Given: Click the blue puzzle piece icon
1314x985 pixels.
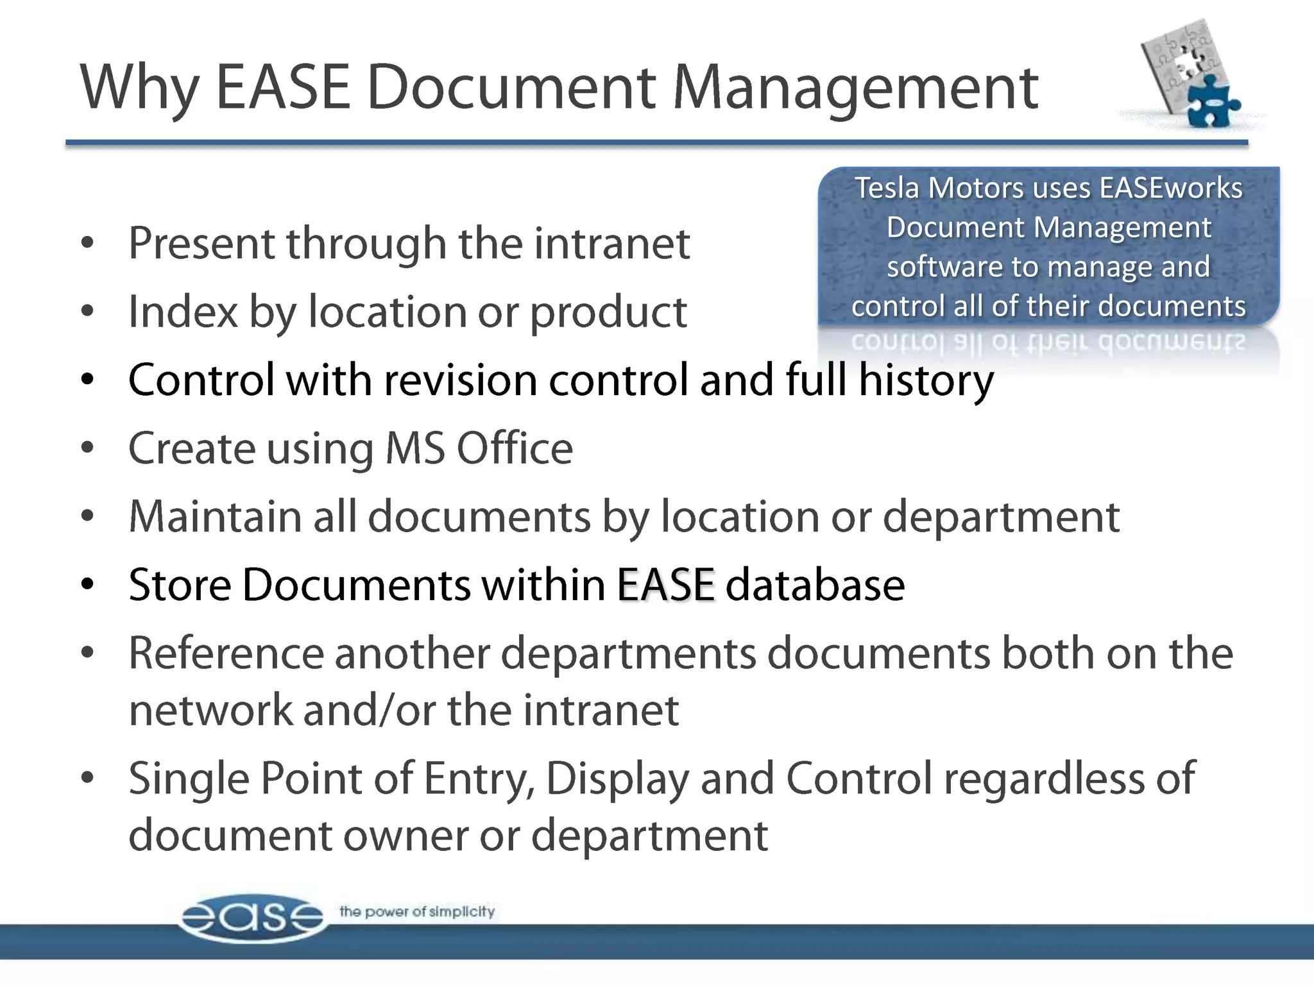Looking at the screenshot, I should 1212,102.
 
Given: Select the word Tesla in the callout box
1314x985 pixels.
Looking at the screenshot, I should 887,189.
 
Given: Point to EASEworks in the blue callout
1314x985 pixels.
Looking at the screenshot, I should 1171,189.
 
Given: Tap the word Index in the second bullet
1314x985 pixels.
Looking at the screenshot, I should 183,312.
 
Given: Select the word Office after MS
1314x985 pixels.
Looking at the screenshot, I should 515,448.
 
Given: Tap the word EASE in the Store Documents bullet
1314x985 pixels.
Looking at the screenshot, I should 665,585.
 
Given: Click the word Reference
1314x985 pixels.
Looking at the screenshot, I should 226,653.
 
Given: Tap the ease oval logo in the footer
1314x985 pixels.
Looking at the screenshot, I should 252,918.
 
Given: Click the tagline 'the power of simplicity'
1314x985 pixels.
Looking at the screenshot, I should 417,911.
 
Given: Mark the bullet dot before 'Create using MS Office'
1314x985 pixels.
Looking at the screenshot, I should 88,448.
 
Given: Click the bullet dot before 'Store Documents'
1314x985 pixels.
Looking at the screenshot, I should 88,585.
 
